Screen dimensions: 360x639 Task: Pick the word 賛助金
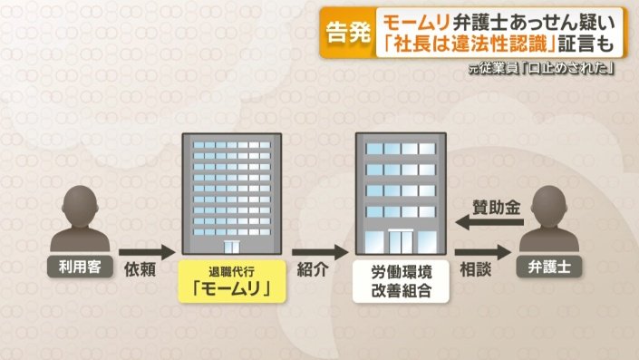tap(498, 206)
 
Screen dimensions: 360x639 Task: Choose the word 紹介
tap(318, 271)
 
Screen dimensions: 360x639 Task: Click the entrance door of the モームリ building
tap(232, 247)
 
